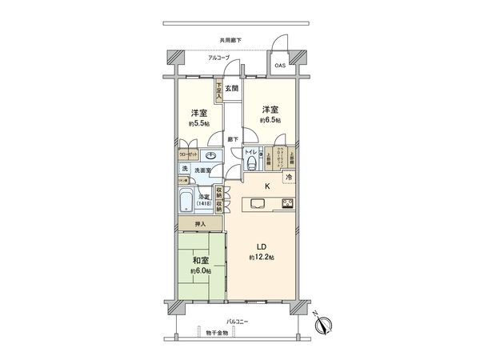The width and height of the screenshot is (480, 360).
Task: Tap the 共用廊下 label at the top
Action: click(231, 40)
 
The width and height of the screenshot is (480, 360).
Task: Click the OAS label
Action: click(280, 65)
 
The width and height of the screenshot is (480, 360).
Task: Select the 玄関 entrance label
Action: click(231, 88)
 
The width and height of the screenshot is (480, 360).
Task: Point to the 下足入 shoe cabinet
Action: click(218, 90)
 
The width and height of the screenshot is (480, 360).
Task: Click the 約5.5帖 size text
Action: click(199, 125)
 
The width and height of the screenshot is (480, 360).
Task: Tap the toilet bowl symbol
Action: click(253, 162)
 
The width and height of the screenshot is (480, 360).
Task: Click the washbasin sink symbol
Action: click(211, 156)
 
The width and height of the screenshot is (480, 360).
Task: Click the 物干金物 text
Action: click(215, 331)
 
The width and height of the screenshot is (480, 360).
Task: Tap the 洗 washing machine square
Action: click(185, 169)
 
